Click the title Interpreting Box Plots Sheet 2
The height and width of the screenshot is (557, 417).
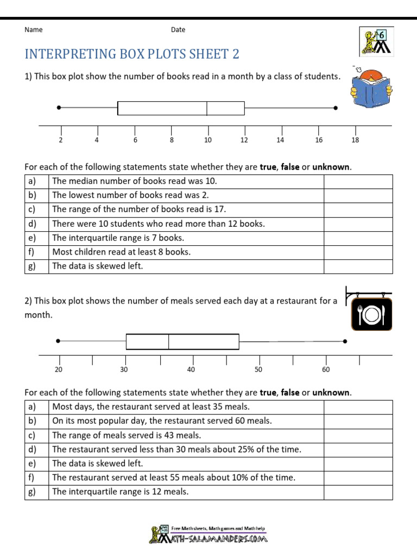click(132, 54)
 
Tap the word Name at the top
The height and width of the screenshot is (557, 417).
click(34, 30)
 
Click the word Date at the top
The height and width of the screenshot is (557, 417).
click(178, 30)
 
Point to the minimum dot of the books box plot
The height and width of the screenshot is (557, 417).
click(59, 108)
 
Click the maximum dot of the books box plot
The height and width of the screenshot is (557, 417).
click(336, 108)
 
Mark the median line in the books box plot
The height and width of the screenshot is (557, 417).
click(207, 108)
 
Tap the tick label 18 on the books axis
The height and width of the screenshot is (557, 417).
click(355, 140)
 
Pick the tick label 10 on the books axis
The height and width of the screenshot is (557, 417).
click(207, 140)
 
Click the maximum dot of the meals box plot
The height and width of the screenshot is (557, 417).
click(345, 341)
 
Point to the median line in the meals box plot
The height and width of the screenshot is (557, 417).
click(169, 341)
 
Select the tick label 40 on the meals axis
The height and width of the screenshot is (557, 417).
click(191, 370)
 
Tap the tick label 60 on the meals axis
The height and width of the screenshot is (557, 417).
click(326, 370)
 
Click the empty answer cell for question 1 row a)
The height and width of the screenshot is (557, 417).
click(358, 181)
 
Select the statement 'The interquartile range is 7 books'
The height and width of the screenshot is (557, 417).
click(118, 238)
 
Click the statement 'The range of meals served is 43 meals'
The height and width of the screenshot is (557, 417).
click(127, 435)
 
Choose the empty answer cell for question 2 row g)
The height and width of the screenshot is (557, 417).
click(358, 492)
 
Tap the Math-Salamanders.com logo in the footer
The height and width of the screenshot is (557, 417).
click(209, 535)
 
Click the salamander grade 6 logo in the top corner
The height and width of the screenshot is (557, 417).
click(376, 41)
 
